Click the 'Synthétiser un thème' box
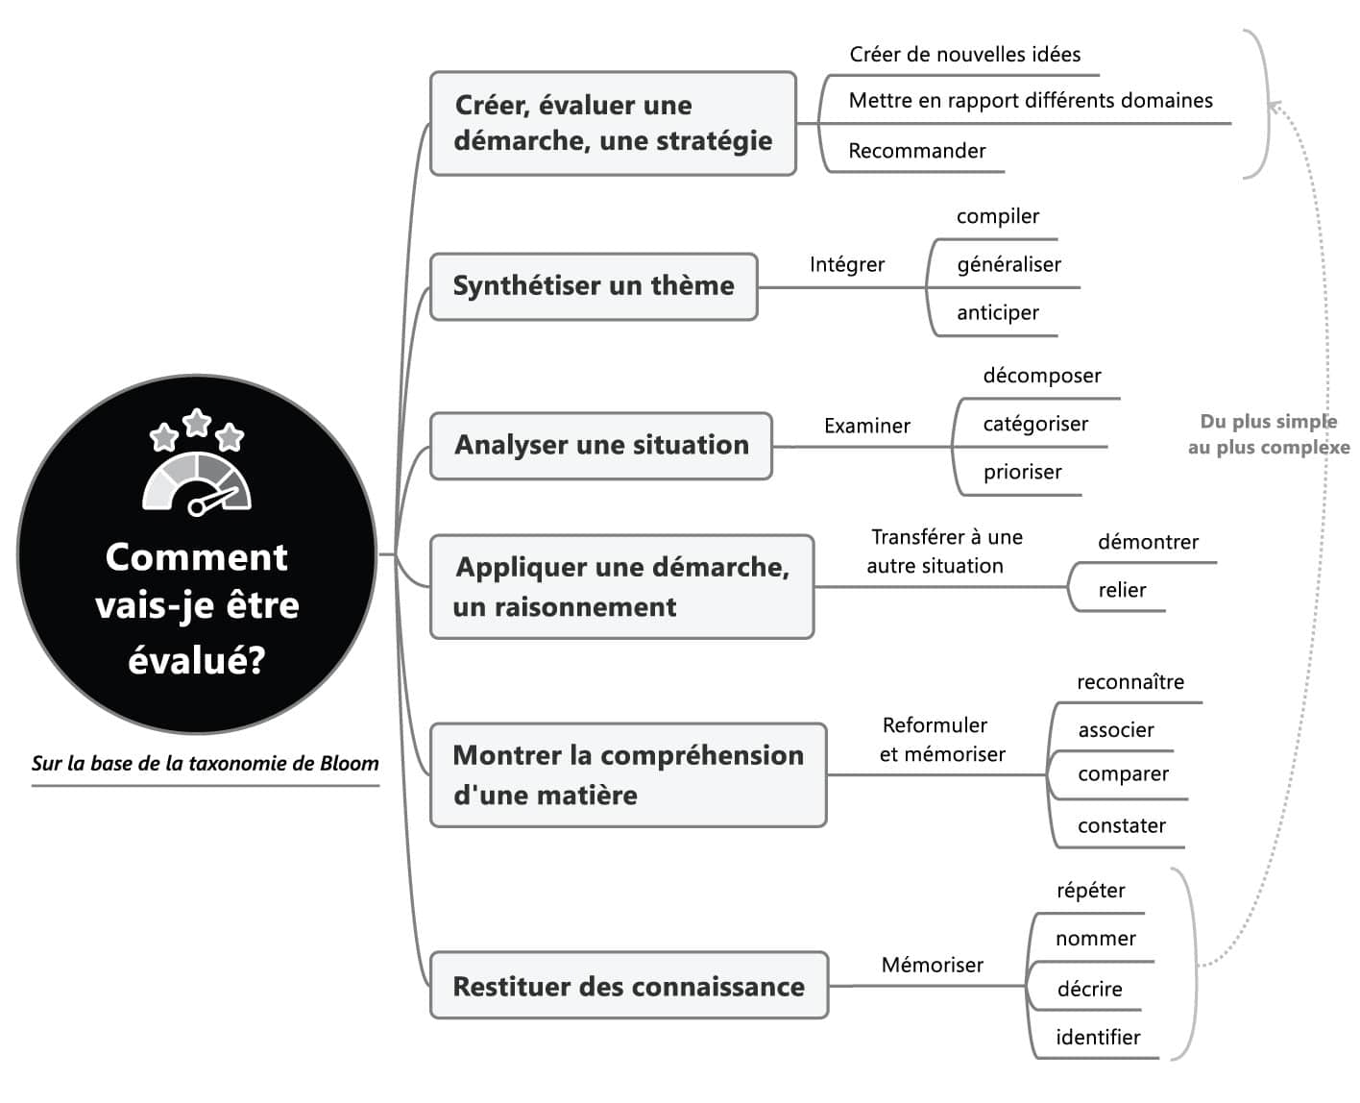594,286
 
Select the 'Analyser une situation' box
601,446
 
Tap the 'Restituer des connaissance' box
628,986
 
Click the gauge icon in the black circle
197,481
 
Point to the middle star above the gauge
197,422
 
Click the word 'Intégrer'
846,264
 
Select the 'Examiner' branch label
866,426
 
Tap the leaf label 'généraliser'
1008,264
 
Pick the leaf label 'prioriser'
1022,472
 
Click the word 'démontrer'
1148,542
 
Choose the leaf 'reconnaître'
1129,682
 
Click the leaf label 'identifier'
1098,1038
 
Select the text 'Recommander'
916,151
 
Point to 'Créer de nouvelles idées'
964,55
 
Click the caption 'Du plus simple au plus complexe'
1267,434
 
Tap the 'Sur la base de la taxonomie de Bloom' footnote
205,764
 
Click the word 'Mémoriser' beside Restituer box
932,965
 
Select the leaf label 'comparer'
1123,774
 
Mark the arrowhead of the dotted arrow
1274,107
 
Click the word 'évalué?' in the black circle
197,660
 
